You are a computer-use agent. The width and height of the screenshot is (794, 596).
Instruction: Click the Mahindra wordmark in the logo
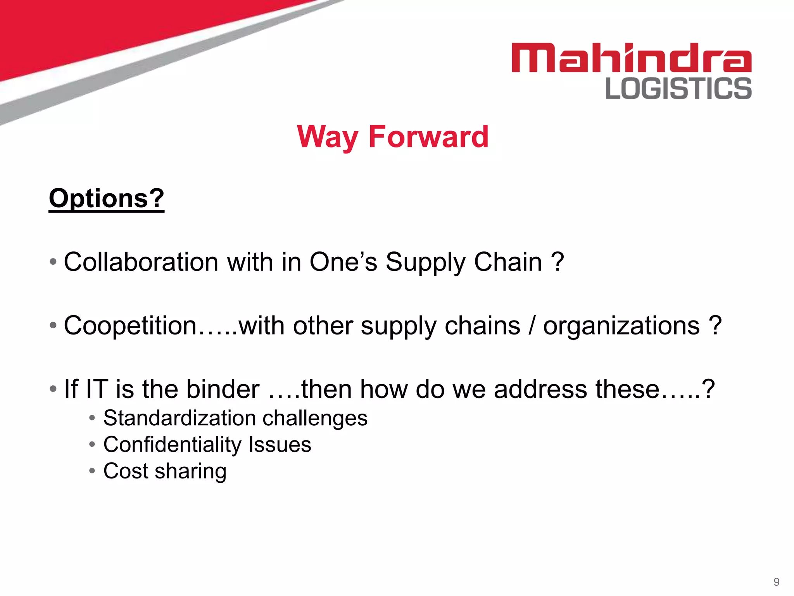(x=631, y=58)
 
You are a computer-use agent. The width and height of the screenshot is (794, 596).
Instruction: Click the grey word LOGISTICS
(x=678, y=88)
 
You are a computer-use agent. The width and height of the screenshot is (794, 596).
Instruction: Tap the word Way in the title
(x=328, y=137)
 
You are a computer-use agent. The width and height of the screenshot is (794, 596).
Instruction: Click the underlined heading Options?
(x=107, y=199)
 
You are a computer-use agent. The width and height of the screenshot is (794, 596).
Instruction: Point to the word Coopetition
(x=130, y=326)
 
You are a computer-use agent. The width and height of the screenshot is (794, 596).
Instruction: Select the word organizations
(x=621, y=326)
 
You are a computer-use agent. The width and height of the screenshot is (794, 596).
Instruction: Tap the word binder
(x=223, y=389)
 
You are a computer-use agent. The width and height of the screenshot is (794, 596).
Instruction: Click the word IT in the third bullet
(x=97, y=389)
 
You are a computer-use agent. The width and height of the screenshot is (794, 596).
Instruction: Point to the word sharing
(x=190, y=471)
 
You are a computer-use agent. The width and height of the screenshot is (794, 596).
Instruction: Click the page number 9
(x=776, y=582)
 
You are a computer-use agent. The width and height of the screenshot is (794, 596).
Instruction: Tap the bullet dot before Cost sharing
(x=92, y=471)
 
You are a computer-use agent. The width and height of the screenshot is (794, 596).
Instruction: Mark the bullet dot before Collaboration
(x=53, y=262)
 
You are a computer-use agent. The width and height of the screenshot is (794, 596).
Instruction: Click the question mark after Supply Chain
(x=557, y=262)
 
